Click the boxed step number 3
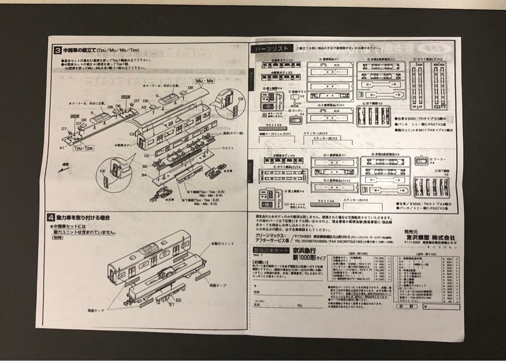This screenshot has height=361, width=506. coord(57,50)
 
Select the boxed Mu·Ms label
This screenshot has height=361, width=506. coord(204,81)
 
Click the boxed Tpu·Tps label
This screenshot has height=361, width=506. coord(83,148)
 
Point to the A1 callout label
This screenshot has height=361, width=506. coord(61,147)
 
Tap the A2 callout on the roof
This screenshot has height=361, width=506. coord(144,107)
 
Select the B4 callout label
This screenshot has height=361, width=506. coord(145,175)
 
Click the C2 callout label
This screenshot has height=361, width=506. coord(147,155)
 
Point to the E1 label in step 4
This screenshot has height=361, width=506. coord(171,304)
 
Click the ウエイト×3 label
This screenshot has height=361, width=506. coord(273,125)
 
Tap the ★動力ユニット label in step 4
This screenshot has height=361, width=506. coord(222,244)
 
